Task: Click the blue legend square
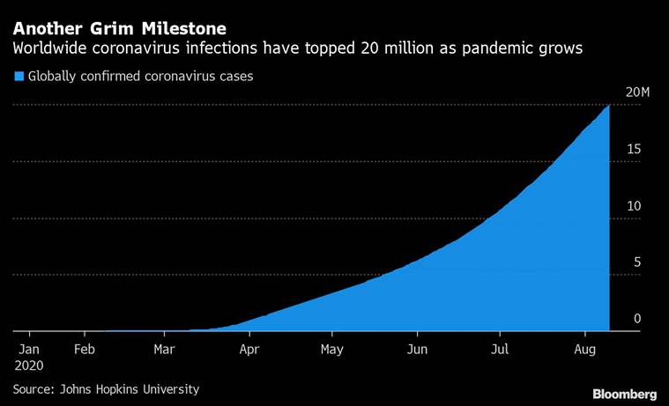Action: click(x=19, y=77)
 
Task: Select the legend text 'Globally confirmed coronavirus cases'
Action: click(x=141, y=77)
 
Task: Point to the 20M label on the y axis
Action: click(x=637, y=93)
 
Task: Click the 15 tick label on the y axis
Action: click(x=633, y=149)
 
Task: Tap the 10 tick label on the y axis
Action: click(x=633, y=206)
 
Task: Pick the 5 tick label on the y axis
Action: click(x=636, y=262)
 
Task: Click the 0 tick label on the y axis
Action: click(x=636, y=319)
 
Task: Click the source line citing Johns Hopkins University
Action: click(x=106, y=388)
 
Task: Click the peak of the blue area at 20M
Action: click(x=609, y=106)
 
